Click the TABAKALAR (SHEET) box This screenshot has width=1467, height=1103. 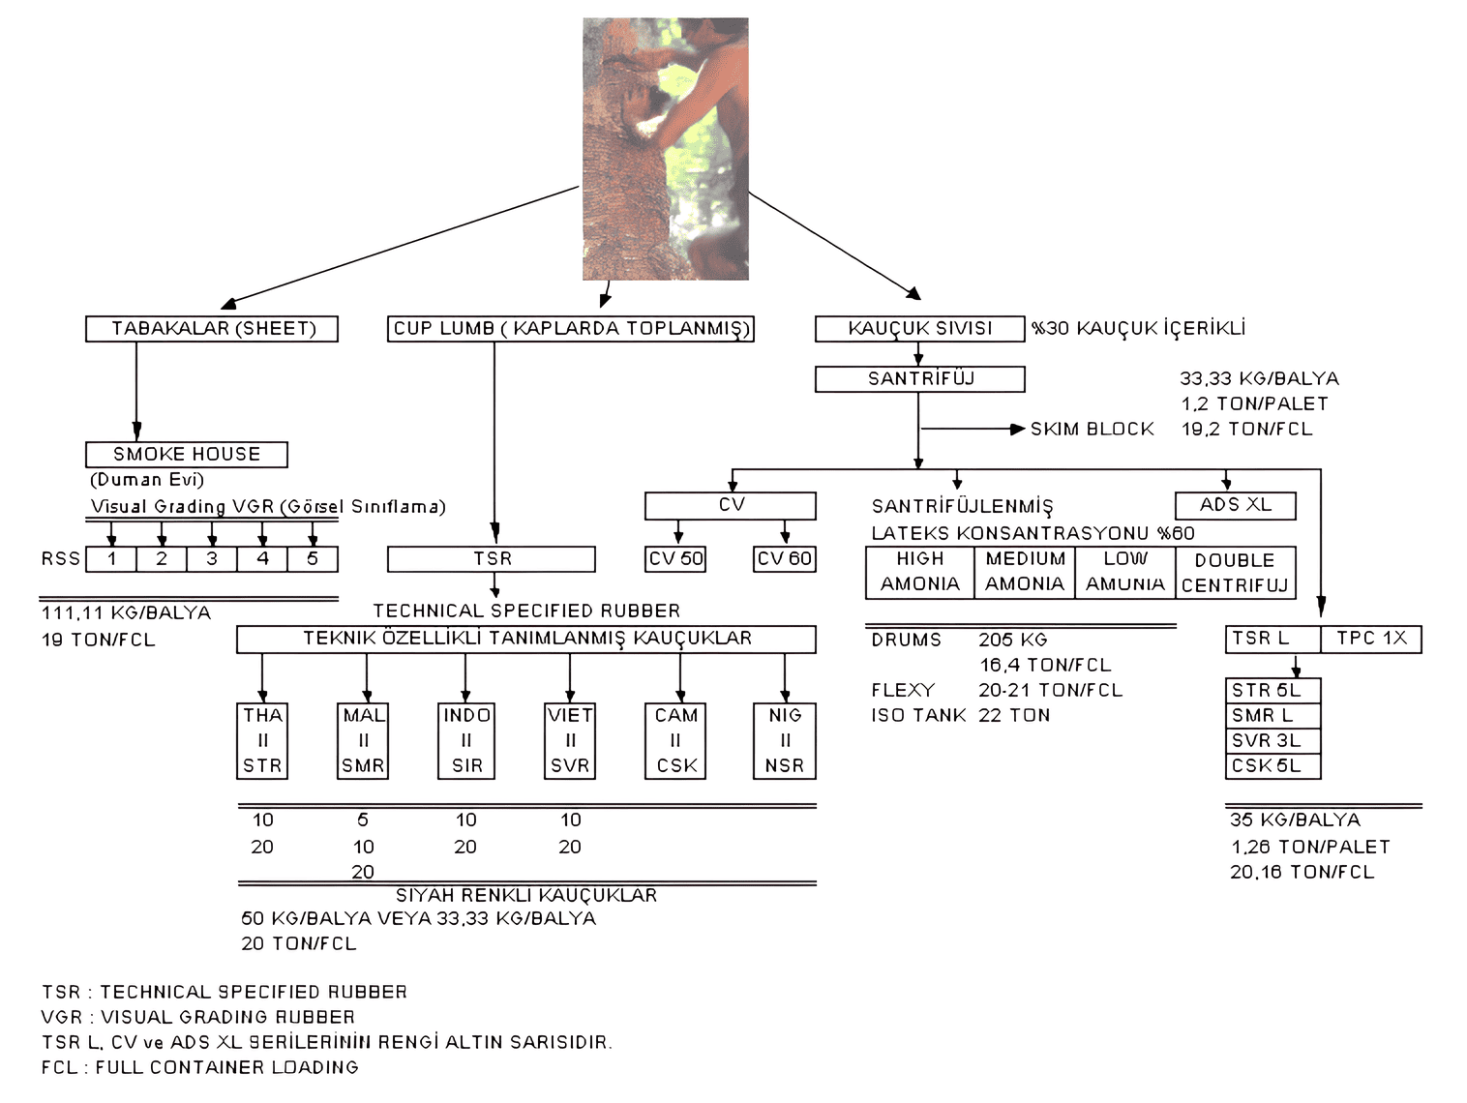(213, 329)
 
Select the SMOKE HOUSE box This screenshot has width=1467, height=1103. (187, 454)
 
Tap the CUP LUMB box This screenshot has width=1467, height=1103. (571, 329)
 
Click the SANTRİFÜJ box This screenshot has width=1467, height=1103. (919, 379)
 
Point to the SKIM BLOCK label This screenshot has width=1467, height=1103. (1092, 429)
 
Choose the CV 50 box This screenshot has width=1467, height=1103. (676, 559)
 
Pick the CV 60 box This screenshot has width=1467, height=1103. (785, 559)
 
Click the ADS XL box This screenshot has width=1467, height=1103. (1235, 505)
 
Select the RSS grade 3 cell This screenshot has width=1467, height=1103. (212, 559)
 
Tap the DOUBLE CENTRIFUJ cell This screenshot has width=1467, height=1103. (1235, 573)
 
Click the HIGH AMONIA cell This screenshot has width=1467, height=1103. (919, 572)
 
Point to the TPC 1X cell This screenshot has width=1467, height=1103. (1371, 639)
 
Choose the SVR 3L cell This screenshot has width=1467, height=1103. (1272, 741)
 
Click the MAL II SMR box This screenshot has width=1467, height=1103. (364, 741)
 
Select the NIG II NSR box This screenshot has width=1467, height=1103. (785, 741)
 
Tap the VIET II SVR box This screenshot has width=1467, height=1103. (570, 741)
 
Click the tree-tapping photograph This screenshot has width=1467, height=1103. (666, 149)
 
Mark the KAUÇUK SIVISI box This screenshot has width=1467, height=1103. (919, 329)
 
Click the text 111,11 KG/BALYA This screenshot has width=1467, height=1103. (126, 612)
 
